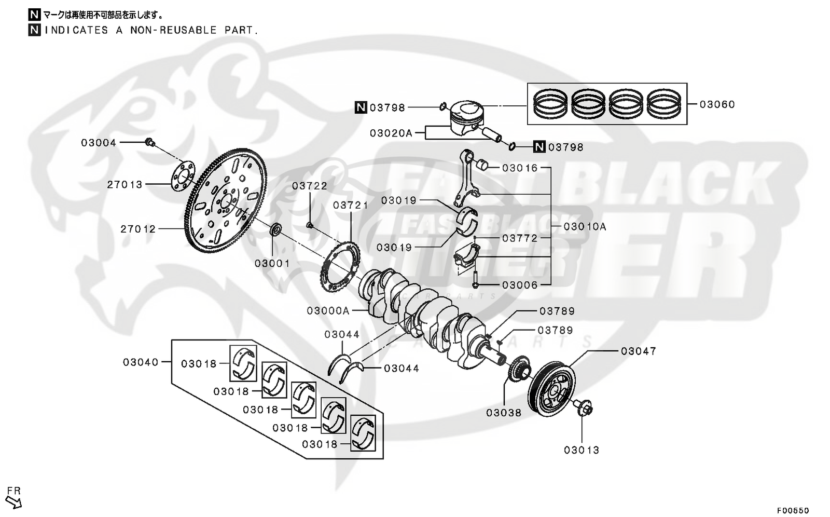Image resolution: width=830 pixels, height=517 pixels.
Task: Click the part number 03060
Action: click(717, 104)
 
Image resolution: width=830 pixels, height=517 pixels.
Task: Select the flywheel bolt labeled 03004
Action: click(149, 142)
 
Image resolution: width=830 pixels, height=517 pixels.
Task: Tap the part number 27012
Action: click(138, 229)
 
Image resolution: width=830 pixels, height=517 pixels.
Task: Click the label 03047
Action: click(638, 351)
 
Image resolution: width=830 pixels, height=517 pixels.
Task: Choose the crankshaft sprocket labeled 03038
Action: click(520, 368)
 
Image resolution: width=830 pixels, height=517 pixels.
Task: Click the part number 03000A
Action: click(328, 310)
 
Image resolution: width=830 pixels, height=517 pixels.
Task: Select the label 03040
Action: click(141, 362)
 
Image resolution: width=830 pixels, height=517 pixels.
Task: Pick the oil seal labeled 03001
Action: click(276, 228)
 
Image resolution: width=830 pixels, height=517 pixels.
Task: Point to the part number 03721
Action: click(351, 205)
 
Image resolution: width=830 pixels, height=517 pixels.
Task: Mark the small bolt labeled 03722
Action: click(310, 225)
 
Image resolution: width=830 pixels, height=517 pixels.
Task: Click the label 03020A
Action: click(391, 133)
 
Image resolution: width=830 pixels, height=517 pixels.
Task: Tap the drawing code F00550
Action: click(793, 510)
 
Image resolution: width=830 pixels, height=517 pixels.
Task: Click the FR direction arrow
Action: click(15, 501)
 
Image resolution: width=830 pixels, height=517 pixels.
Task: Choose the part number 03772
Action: click(519, 238)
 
